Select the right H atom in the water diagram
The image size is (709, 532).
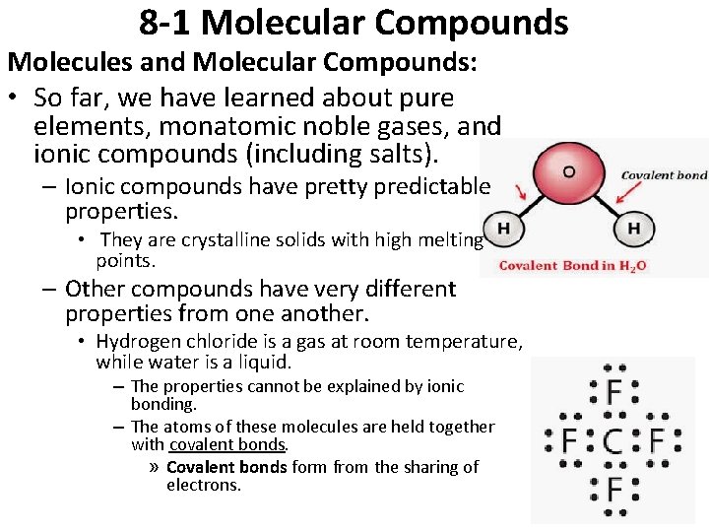click(633, 230)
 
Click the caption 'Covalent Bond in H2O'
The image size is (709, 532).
click(572, 265)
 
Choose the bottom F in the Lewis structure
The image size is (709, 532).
click(613, 488)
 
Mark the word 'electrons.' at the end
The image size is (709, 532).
click(204, 485)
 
